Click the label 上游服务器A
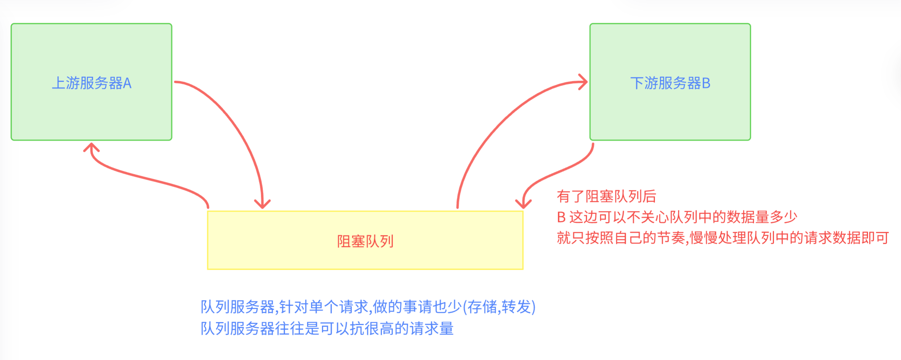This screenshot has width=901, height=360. tap(92, 83)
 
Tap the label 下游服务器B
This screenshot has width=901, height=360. tap(670, 83)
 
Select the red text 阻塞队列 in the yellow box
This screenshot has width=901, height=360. tap(365, 241)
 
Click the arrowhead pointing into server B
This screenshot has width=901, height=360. tap(583, 82)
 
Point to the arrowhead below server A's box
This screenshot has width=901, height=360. tap(91, 147)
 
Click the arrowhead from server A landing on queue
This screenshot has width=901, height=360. tap(262, 203)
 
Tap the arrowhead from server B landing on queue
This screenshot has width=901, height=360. tap(523, 203)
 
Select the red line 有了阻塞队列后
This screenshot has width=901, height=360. tap(606, 197)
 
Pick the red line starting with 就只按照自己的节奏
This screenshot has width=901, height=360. tap(723, 238)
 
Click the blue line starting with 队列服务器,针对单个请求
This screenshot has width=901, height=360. tap(368, 307)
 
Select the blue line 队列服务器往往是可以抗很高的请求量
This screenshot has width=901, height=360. tap(327, 328)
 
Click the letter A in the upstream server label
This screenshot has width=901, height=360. tap(127, 83)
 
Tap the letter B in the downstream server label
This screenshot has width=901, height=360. tap(706, 83)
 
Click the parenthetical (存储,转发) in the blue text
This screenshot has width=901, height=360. tap(499, 307)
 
